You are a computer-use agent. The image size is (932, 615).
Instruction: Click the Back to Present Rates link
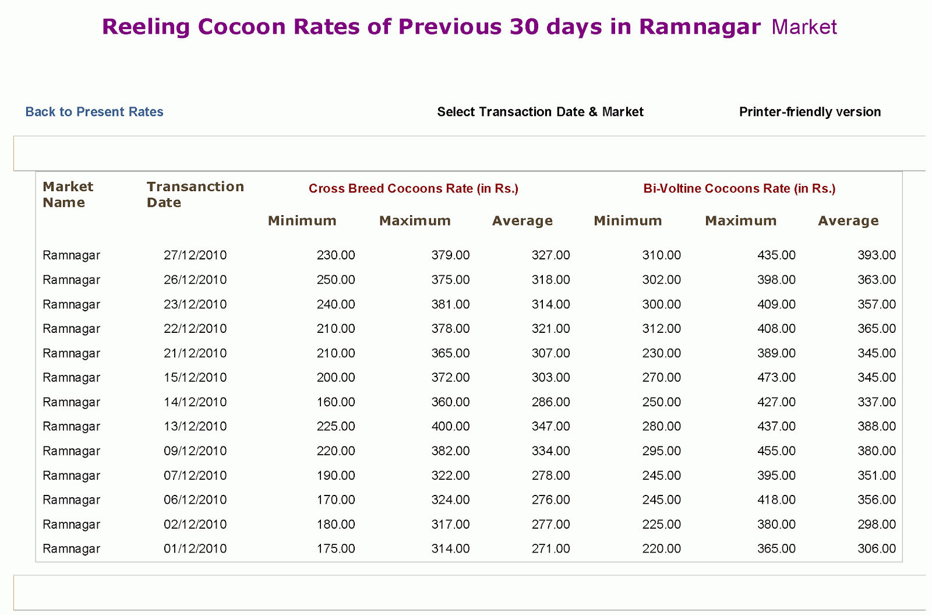click(94, 112)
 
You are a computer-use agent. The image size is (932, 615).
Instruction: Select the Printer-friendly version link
click(810, 112)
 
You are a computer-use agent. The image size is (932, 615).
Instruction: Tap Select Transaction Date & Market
click(540, 112)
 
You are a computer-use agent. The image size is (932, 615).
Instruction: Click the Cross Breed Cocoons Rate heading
click(413, 188)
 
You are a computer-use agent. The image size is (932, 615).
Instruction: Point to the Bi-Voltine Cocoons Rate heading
click(739, 188)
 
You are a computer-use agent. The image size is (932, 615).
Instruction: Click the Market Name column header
click(68, 195)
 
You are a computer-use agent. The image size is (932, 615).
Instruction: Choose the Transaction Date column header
click(195, 195)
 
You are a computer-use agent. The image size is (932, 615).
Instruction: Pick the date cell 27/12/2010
click(195, 255)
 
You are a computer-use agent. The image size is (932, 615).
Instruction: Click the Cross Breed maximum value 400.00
click(450, 427)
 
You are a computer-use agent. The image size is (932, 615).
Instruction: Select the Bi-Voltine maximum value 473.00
click(776, 378)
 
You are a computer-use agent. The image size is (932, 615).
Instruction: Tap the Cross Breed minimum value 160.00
click(336, 402)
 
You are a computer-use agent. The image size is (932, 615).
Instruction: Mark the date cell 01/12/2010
click(195, 549)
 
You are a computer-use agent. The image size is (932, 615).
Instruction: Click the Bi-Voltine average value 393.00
click(876, 255)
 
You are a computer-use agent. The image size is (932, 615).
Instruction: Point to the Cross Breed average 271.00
click(550, 549)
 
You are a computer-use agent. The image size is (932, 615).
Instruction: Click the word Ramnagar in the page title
click(700, 27)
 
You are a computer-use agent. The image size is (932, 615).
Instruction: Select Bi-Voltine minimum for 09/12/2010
click(661, 451)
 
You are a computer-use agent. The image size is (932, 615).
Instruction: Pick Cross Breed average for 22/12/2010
click(550, 329)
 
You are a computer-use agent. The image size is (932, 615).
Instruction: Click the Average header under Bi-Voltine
click(848, 221)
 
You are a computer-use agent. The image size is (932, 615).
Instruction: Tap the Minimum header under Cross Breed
click(302, 221)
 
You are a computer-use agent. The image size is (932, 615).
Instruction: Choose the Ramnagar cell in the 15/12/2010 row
click(72, 378)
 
